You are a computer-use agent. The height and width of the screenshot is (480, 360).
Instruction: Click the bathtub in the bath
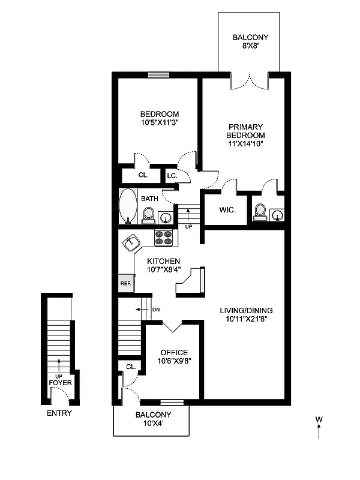(128, 206)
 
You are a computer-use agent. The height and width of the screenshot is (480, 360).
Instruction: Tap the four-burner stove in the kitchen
(164, 238)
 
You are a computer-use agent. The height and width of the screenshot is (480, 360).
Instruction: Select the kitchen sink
(132, 243)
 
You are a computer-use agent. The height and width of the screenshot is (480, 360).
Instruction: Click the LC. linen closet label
(171, 176)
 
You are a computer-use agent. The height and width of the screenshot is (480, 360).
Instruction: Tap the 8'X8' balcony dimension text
(250, 47)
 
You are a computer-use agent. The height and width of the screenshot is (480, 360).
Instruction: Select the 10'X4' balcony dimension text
(153, 424)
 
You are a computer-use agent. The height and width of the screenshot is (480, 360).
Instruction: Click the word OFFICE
(174, 352)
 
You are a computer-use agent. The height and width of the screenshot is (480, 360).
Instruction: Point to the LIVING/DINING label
(246, 310)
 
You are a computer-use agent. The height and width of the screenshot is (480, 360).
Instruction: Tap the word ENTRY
(59, 413)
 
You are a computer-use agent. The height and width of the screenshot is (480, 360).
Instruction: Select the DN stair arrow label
(155, 310)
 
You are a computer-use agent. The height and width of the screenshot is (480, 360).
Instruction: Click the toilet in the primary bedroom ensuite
(260, 211)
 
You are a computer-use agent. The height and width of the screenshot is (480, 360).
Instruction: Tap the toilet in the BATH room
(148, 214)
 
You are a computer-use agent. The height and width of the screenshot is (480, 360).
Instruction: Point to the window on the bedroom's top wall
(159, 74)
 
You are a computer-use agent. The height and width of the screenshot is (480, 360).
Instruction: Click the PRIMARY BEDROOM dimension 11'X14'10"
(246, 143)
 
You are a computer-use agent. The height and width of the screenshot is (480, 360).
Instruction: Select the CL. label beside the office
(131, 366)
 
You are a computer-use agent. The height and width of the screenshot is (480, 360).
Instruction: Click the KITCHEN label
(164, 261)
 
